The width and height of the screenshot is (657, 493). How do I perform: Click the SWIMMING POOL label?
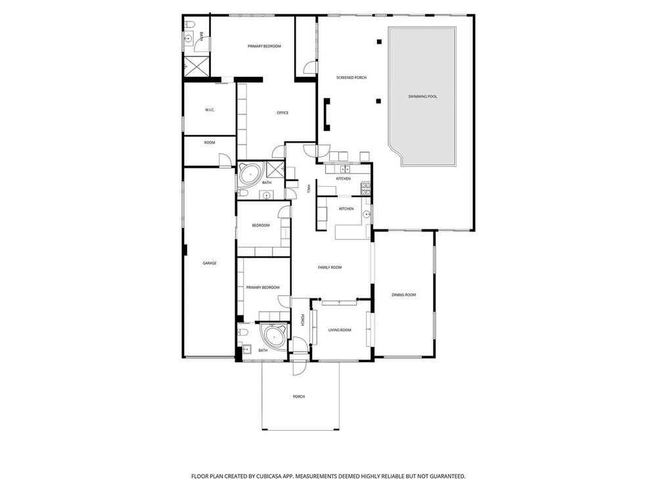pos(422,97)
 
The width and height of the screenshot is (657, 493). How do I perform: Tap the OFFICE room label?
pos(283,113)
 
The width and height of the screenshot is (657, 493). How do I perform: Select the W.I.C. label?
pos(210,110)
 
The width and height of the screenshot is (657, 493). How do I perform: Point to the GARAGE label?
pos(210,264)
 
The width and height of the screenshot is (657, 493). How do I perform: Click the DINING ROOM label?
pos(403,294)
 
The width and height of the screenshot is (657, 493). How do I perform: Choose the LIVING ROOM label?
pos(340,330)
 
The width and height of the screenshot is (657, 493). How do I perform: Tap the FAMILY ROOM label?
pos(330,268)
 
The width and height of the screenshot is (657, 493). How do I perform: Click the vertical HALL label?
pos(309,189)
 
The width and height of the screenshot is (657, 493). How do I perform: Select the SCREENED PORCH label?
pos(351,78)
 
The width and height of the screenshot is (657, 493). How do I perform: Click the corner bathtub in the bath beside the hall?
pos(250,173)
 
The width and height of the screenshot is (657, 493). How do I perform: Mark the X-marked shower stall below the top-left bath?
pos(196,66)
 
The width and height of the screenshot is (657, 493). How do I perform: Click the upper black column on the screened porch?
pos(379,41)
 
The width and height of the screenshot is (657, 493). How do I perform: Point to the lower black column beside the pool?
pos(379,101)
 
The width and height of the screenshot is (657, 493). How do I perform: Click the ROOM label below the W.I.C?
pos(210,143)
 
